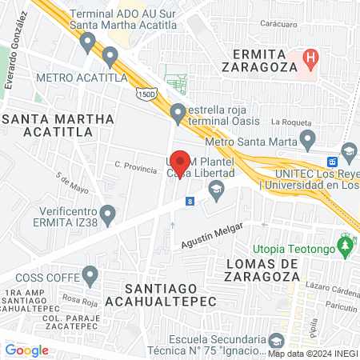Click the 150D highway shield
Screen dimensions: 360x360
(145, 95)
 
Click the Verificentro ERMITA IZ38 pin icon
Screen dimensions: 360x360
(110, 214)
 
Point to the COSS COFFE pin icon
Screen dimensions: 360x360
(90, 277)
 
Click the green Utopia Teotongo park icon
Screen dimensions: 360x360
(346, 246)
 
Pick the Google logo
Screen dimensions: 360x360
(26, 350)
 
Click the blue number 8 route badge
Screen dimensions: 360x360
(190, 202)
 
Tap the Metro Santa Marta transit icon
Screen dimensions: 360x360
(310, 142)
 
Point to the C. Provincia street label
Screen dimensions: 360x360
(134, 165)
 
